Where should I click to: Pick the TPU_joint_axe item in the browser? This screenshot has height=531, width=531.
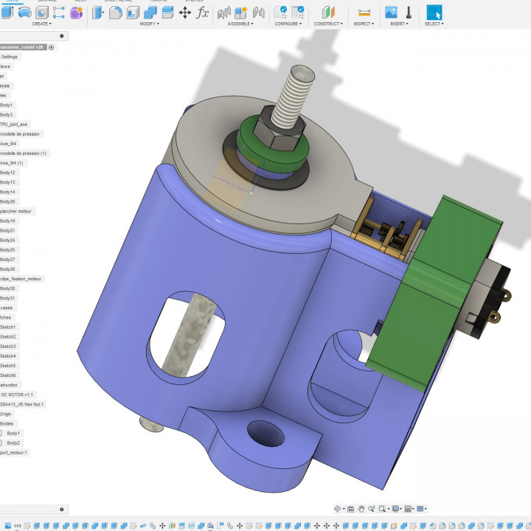14,124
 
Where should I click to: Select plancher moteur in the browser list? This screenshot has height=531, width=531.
17,211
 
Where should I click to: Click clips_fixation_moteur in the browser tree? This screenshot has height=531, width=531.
21,279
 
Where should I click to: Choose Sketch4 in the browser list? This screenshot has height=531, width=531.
8,355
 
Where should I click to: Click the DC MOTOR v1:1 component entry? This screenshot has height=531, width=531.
17,395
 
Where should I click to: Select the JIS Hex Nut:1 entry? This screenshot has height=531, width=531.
22,404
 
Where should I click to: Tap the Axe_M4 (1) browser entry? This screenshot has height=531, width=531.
12,163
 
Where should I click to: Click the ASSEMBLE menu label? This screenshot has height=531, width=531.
240,24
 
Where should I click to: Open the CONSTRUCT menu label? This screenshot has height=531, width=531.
327,24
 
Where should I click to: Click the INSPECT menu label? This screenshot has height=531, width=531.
363,24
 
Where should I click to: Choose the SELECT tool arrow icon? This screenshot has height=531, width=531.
434,13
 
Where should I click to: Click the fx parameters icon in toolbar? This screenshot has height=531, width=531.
202,13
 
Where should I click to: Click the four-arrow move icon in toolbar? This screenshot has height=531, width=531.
185,13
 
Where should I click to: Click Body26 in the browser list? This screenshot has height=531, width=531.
8,201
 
